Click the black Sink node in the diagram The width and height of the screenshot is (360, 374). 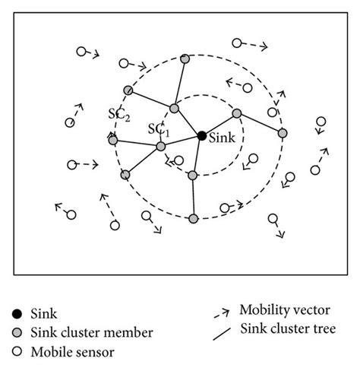tap(201, 135)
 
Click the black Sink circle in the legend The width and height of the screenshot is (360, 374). tap(17, 313)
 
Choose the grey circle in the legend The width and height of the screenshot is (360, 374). tap(17, 332)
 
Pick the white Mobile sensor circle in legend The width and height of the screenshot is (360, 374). tap(17, 351)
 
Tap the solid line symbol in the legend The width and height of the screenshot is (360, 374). tap(223, 330)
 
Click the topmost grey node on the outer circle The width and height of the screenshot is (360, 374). tap(185, 59)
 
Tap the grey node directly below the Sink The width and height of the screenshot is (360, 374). tap(192, 176)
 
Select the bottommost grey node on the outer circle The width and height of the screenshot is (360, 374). tap(193, 219)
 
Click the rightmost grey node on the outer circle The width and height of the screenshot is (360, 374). tap(283, 133)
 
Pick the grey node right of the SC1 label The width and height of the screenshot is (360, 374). tap(174, 109)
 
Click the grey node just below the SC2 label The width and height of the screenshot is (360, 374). tap(113, 140)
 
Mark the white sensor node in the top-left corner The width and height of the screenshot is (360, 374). tap(81, 52)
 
